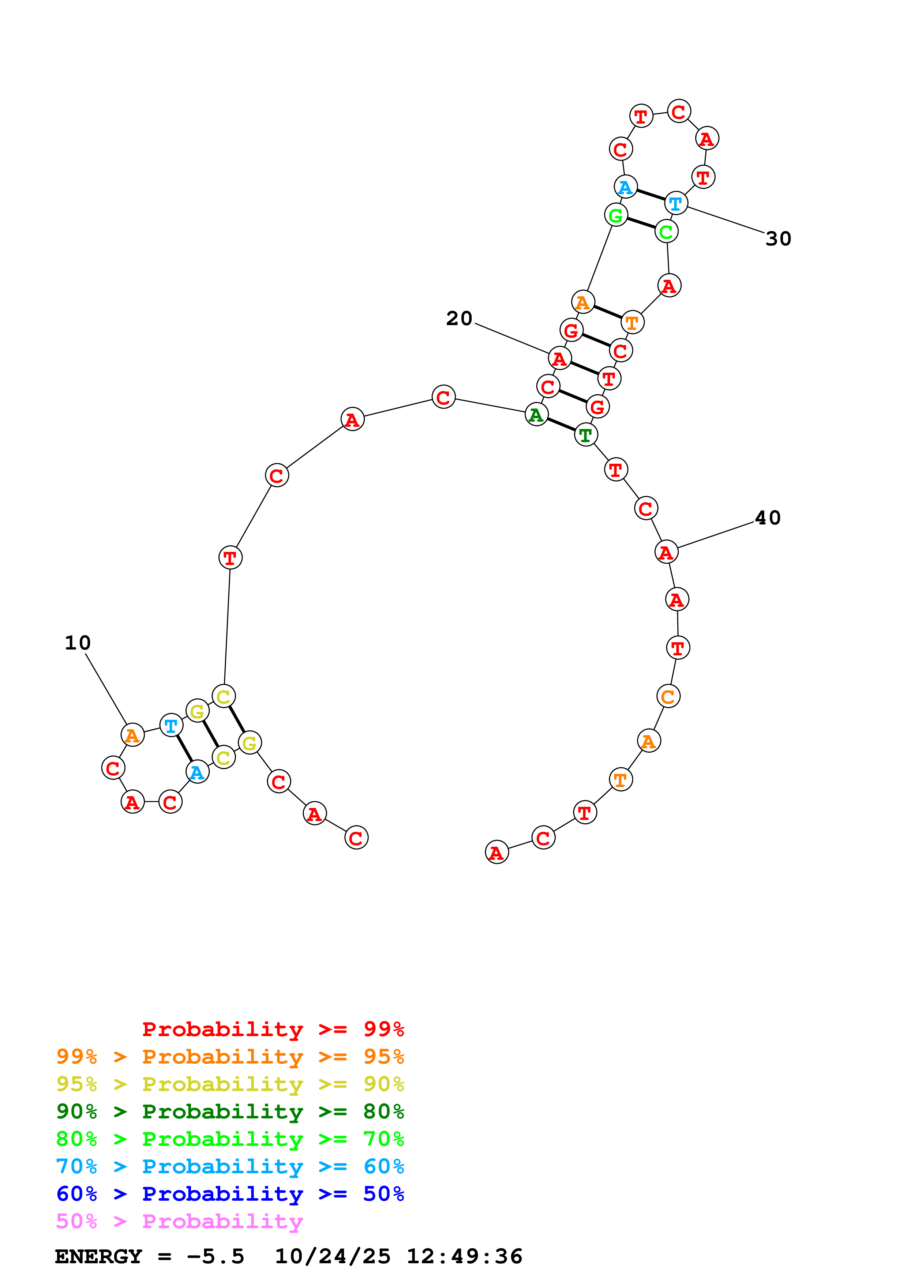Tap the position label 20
coord(459,319)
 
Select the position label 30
coord(778,238)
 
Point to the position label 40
coord(767,518)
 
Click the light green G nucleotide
coord(616,215)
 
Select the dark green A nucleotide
coord(536,415)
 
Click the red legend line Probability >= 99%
coord(273,1029)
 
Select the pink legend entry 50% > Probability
coord(179,1221)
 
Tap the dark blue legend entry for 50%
coord(230,1194)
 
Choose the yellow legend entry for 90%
coord(230,1084)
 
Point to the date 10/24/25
coord(333,1256)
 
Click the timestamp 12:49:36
coord(464,1256)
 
